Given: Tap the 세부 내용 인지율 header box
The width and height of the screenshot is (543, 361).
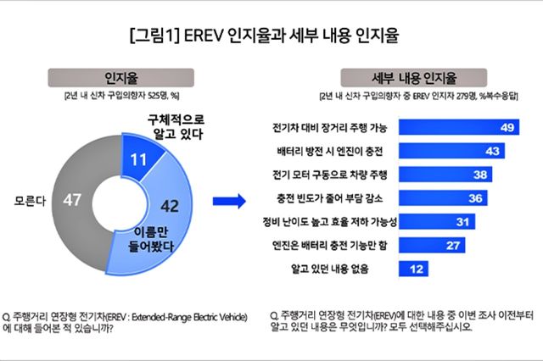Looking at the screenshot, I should (400, 77).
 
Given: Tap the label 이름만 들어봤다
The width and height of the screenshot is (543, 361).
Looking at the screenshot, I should (148, 239).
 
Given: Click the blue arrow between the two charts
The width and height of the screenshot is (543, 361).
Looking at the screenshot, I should (228, 201).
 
